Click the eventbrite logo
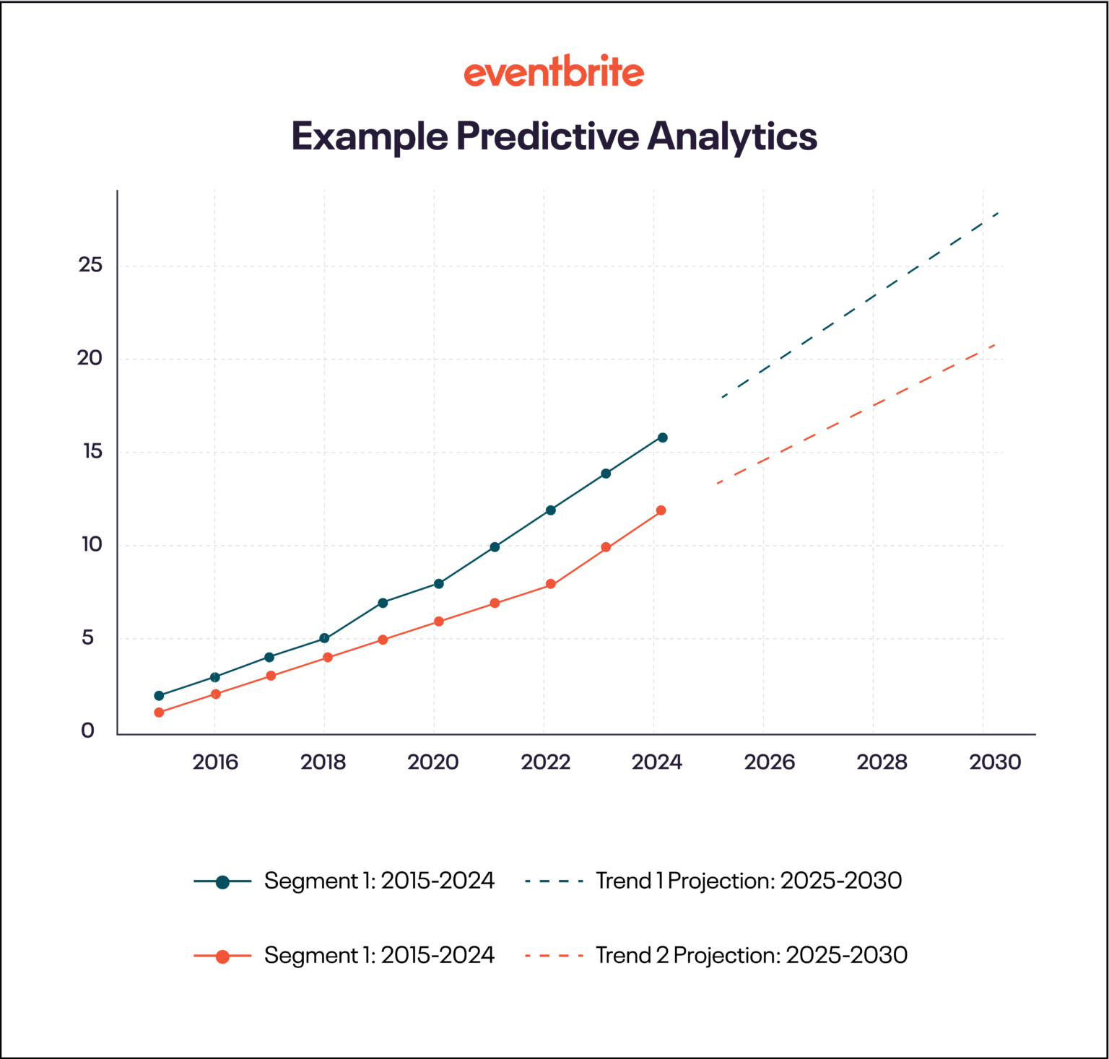coord(554,72)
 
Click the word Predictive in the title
coord(547,136)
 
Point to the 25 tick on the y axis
coord(91,265)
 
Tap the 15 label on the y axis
coord(92,452)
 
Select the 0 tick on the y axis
coord(87,731)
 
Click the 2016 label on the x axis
coord(214,762)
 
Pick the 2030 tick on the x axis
coord(994,762)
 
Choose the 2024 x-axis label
coord(656,762)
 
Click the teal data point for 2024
coord(662,437)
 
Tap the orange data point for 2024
coord(661,510)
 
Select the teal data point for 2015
coord(159,696)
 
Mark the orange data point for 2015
coord(159,712)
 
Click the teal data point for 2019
coord(383,603)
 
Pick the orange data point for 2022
coord(551,584)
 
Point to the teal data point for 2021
coord(495,547)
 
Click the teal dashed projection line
coord(859,305)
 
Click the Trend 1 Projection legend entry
coord(748,881)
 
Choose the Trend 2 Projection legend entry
coord(751,955)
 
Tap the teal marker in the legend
coord(222,881)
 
